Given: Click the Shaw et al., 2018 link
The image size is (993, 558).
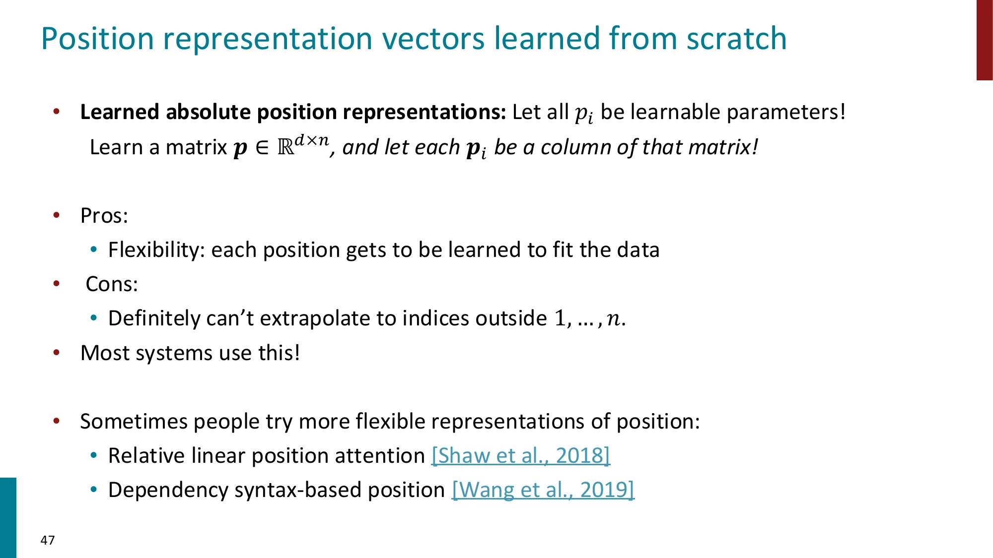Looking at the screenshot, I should pyautogui.click(x=520, y=455).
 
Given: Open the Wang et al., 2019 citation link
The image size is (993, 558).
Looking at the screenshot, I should pyautogui.click(x=543, y=490).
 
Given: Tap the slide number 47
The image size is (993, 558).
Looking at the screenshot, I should pyautogui.click(x=48, y=540).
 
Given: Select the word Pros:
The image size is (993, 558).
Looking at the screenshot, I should pyautogui.click(x=104, y=216).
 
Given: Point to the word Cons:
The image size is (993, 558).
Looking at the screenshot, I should pyautogui.click(x=112, y=284).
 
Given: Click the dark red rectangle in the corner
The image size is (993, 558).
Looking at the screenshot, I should pyautogui.click(x=984, y=40).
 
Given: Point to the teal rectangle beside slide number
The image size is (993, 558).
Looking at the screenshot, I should pyautogui.click(x=8, y=517).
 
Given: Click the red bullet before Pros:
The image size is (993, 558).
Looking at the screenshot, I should pyautogui.click(x=57, y=215).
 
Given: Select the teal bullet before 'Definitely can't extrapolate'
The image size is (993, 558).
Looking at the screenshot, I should pyautogui.click(x=94, y=318).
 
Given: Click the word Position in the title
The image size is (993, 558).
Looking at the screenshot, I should pyautogui.click(x=97, y=39).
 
